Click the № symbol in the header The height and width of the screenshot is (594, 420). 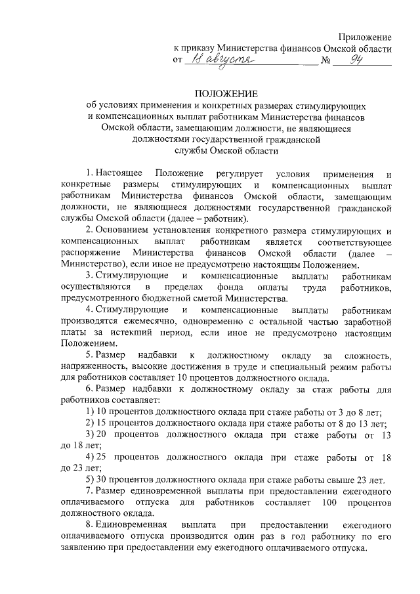point(324,62)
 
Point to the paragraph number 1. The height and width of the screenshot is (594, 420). point(89,173)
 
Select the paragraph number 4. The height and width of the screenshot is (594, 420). point(89,309)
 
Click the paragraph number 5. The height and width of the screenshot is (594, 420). point(89,354)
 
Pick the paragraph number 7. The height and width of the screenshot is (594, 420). point(89,491)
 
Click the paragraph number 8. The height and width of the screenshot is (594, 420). point(89,526)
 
